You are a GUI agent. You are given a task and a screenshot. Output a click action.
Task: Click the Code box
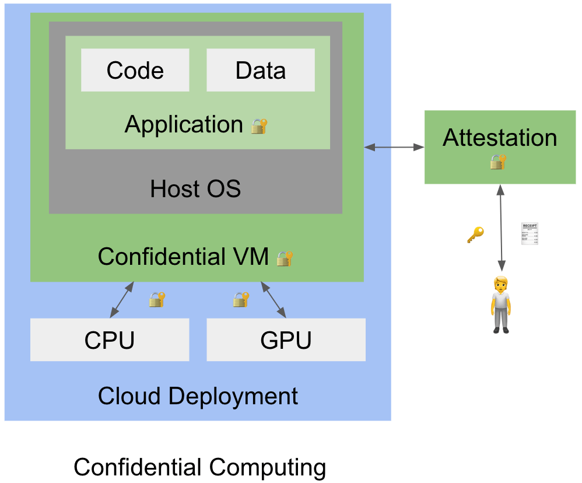click(x=135, y=70)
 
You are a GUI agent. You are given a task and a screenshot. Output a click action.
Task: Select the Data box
click(x=261, y=70)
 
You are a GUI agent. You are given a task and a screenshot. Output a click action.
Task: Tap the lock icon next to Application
click(x=260, y=126)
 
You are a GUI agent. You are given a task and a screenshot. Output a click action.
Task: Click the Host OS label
click(x=195, y=189)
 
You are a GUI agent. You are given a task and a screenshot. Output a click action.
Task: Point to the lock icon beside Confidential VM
click(x=285, y=258)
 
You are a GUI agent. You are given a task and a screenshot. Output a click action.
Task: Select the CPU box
click(x=110, y=339)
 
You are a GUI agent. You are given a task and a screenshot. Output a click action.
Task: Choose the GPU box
click(x=286, y=339)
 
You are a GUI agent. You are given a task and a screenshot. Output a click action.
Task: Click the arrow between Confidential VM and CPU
click(x=121, y=300)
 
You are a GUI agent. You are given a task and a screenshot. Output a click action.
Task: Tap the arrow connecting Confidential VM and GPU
click(x=273, y=300)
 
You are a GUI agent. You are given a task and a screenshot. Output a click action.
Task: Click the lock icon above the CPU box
click(x=157, y=300)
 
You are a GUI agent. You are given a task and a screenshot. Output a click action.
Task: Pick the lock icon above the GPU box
click(x=241, y=300)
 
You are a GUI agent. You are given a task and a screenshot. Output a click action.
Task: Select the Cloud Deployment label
click(x=198, y=396)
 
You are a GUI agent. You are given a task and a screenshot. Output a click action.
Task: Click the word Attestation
click(x=500, y=138)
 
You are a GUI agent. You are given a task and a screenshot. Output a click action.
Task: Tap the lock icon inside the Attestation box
click(x=498, y=162)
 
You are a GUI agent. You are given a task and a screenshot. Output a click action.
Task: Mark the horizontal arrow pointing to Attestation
click(x=394, y=147)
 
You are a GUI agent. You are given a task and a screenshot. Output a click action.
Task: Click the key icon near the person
click(x=475, y=235)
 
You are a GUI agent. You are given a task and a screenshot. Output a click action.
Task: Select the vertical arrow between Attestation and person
click(x=500, y=228)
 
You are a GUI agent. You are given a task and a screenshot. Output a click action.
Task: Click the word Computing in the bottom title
click(x=267, y=467)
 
